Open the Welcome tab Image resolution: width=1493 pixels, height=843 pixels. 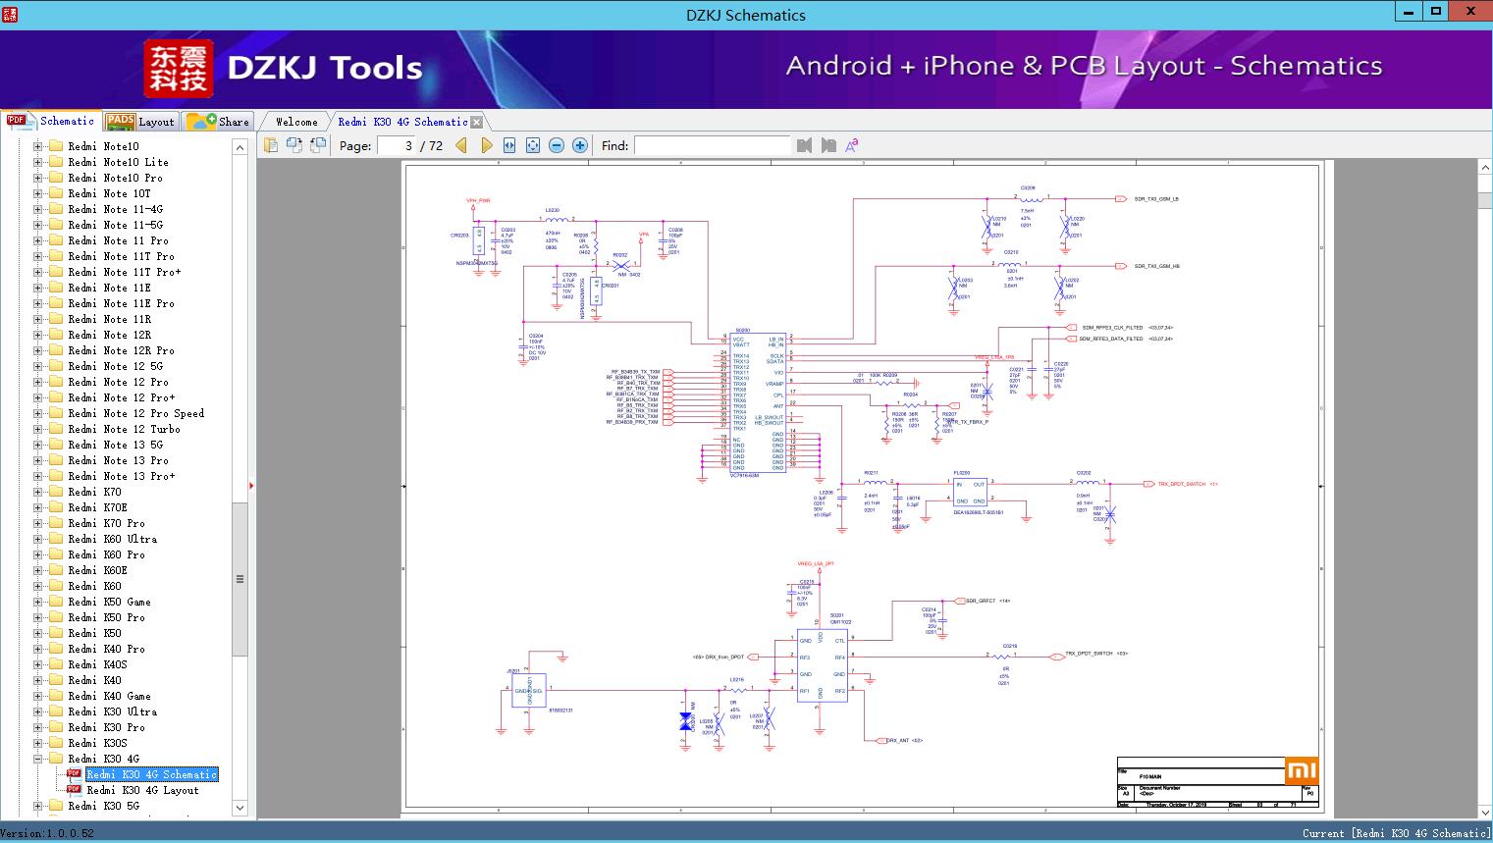[295, 122]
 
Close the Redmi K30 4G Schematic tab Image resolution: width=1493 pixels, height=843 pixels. [477, 122]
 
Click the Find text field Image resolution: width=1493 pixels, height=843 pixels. [712, 145]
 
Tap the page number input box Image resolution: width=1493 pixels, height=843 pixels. [397, 145]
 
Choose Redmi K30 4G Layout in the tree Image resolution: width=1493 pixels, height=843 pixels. [142, 790]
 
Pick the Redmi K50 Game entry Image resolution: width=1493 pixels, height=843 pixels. [109, 602]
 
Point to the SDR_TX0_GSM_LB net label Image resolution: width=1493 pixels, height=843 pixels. [1156, 199]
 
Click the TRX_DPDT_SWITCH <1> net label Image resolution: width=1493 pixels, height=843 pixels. [1187, 484]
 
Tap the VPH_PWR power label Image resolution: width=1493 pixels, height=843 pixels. [478, 200]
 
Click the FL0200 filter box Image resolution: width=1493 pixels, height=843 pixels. [970, 491]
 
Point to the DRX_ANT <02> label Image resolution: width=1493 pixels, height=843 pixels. [904, 741]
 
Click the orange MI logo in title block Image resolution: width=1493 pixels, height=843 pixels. [1301, 770]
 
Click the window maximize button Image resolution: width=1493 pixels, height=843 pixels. [1436, 12]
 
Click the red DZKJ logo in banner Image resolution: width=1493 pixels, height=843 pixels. [178, 69]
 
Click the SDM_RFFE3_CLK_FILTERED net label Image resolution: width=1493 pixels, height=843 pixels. [1112, 328]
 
